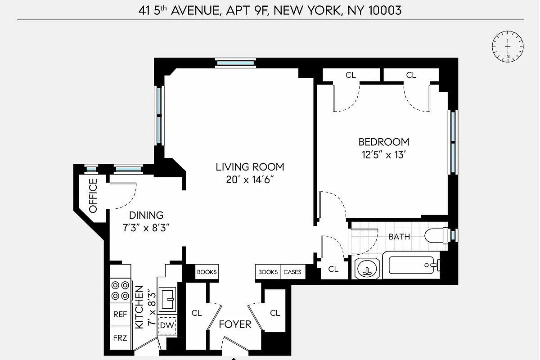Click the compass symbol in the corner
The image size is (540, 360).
(x=508, y=46)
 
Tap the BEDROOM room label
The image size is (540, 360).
(x=384, y=142)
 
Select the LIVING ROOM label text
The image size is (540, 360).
(x=250, y=167)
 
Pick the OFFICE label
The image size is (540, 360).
(x=93, y=196)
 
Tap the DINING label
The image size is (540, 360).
(x=146, y=216)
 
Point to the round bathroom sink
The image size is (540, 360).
(x=368, y=269)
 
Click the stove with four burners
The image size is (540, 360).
(x=120, y=290)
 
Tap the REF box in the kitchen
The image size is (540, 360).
(x=120, y=315)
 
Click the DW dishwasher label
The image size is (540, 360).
(x=167, y=325)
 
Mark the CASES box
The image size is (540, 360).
(x=292, y=272)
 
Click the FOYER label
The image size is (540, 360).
(x=235, y=324)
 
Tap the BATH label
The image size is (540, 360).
(x=399, y=236)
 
